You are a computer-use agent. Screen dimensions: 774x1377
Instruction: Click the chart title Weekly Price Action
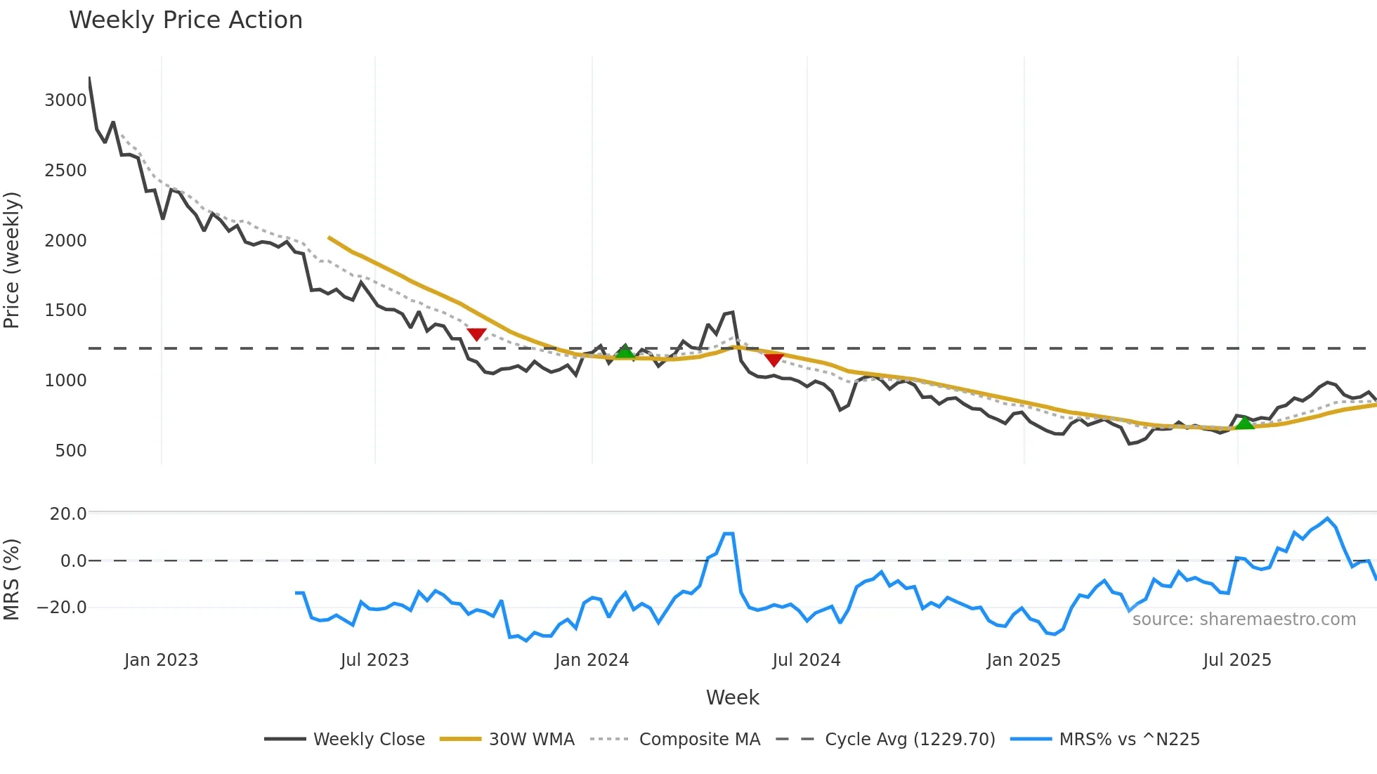click(x=185, y=20)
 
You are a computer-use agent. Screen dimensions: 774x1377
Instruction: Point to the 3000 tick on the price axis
click(x=65, y=100)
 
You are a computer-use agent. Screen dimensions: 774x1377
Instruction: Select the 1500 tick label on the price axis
click(x=65, y=310)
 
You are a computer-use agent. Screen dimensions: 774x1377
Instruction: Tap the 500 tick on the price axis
click(x=71, y=451)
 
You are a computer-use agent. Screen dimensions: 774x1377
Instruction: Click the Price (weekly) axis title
click(x=12, y=260)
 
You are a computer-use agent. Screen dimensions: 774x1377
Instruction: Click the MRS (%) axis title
click(x=12, y=579)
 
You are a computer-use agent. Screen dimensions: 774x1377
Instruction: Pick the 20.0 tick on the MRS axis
click(x=68, y=514)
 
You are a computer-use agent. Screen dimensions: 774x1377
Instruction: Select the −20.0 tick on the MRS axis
click(x=63, y=608)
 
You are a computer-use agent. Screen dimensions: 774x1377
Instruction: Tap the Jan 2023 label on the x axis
click(x=162, y=660)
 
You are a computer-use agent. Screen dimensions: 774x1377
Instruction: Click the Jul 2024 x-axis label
click(x=807, y=660)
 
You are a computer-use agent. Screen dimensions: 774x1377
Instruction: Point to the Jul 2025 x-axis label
click(x=1237, y=660)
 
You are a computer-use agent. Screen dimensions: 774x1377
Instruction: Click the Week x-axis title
click(x=732, y=697)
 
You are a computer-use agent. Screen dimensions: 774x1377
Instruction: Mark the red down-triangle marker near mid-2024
click(x=774, y=360)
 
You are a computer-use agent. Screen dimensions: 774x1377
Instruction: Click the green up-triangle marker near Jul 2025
click(x=1244, y=422)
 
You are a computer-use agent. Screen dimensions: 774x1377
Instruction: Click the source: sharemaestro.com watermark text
click(x=1244, y=619)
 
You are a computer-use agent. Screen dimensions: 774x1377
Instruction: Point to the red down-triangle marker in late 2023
click(x=476, y=334)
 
